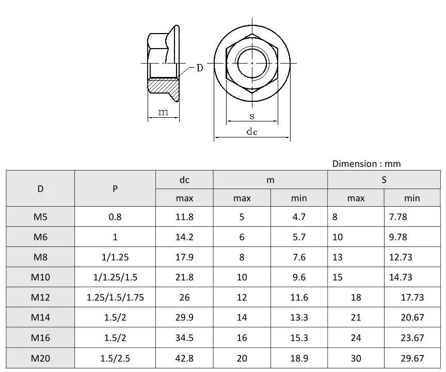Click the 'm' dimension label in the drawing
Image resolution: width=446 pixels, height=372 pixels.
pos(163,112)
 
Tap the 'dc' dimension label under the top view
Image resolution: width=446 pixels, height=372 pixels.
pos(252,132)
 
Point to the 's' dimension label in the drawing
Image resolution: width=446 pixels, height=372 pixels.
pos(252,116)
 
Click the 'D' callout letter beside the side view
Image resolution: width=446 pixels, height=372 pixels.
pos(199,68)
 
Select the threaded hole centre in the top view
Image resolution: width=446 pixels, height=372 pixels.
pos(252,63)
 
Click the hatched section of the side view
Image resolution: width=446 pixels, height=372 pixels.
pos(164,86)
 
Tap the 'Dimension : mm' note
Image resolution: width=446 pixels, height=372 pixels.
pos(366,164)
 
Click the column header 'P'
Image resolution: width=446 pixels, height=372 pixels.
pos(115,189)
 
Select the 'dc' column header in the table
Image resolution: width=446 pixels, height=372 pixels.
pos(184,180)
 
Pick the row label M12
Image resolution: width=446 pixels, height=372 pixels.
pos(40,297)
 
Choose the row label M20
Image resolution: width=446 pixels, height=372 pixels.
pos(40,358)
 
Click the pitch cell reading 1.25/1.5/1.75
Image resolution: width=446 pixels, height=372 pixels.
pos(115,297)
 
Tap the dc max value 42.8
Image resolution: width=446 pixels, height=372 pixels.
pos(184,358)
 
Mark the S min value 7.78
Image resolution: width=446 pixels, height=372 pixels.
pos(398,216)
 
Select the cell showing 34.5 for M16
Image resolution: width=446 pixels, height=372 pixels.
pos(184,338)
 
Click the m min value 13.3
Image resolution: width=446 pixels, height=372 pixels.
pos(299,317)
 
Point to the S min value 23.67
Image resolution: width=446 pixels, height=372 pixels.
pos(412,338)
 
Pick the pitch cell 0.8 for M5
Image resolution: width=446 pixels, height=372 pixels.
pos(115,216)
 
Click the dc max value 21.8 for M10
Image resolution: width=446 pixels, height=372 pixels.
pos(184,277)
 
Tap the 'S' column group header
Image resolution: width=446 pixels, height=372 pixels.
pos(384,180)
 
